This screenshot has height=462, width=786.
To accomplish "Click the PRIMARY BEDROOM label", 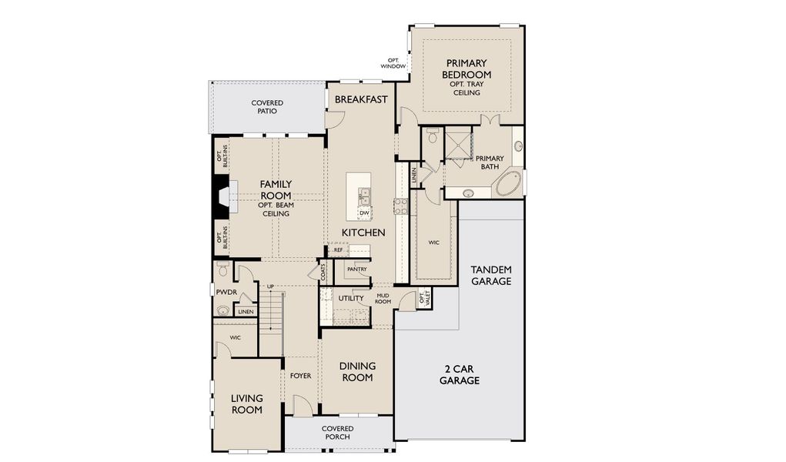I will pos(465,69).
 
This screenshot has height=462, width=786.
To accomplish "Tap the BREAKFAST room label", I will pos(360,99).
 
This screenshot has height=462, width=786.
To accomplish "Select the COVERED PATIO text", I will pos(267,107).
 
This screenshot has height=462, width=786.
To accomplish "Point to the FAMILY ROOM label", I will pos(275,189).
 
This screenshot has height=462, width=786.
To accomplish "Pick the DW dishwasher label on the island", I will pos(365,213).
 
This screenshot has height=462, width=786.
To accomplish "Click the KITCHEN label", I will pos(364,232).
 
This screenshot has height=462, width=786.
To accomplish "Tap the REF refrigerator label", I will pos(338,249).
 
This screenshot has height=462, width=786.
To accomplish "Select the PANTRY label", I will pos(356,269).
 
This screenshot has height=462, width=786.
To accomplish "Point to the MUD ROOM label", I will pos(383,298).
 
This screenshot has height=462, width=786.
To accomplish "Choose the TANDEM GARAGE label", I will pos(491,276).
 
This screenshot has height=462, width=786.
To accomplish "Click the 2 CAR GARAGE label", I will pos(460,374).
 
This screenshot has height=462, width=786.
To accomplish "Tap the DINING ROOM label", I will pos(357,371).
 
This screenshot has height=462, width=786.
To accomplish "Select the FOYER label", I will pos(300,376).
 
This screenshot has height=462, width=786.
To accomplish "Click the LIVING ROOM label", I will pos(247,403).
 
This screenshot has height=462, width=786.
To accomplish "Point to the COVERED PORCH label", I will pos(337,433).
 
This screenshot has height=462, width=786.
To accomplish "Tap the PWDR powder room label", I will pos(226,292).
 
